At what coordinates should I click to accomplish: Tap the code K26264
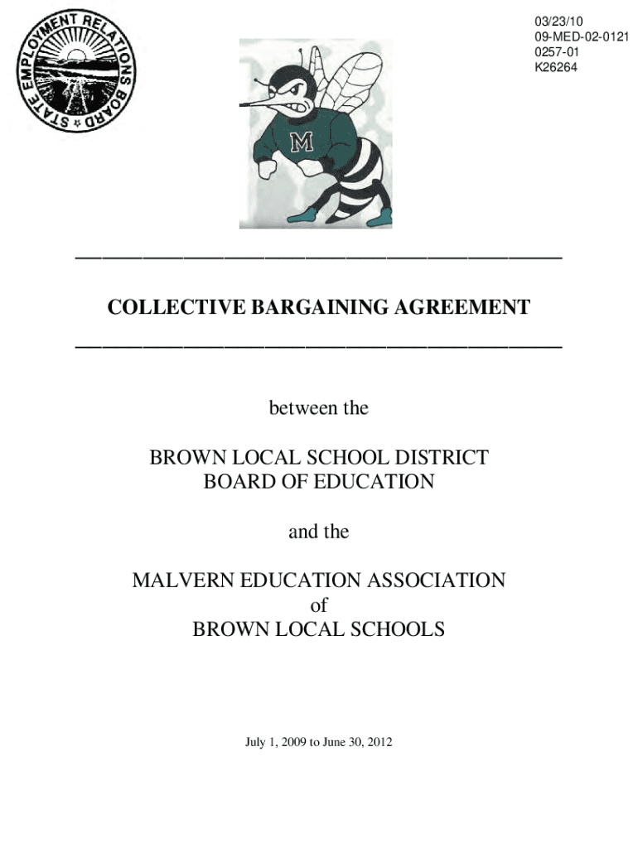pos(556,67)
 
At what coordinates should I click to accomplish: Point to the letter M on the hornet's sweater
pos(301,143)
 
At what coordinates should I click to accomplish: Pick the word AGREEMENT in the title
pos(453,308)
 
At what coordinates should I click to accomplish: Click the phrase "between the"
pos(319,408)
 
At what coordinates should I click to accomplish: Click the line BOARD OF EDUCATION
pos(319,481)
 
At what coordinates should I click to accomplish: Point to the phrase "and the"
pos(319,532)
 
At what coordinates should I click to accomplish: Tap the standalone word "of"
pos(319,605)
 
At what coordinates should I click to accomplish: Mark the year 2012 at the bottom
pos(379,743)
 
